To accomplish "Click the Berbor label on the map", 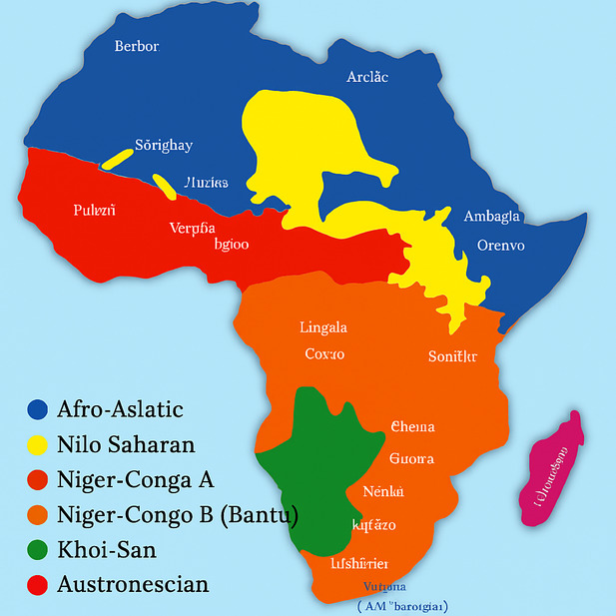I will point(137,46).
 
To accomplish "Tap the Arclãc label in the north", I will point(367,77).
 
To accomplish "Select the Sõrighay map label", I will point(164,146).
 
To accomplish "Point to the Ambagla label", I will point(492,217).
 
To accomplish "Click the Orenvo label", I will point(501,245).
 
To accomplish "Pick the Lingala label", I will point(323,327).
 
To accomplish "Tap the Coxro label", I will point(324,354).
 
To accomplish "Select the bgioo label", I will point(232,244).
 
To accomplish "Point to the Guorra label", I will point(410,459).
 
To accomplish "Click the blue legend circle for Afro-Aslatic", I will point(38,409).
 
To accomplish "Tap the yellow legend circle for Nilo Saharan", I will point(38,445).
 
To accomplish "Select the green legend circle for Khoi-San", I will point(38,550).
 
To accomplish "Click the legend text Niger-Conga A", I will point(136,479).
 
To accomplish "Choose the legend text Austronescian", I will point(133,584).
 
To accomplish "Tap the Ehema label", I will point(412,427).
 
